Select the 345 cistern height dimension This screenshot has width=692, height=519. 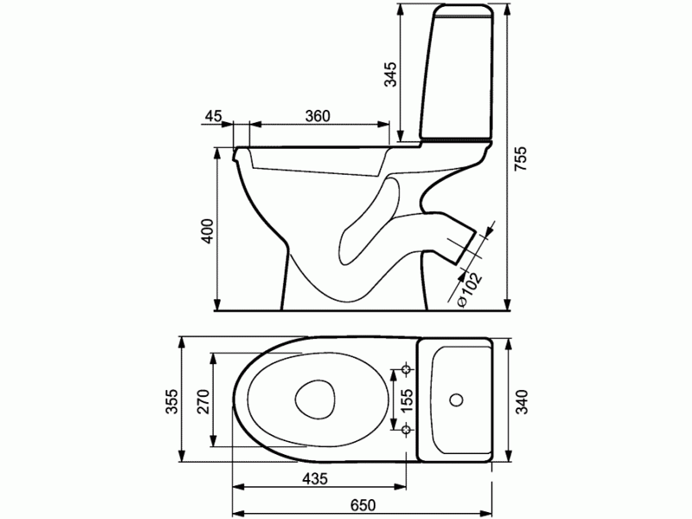(x=391, y=75)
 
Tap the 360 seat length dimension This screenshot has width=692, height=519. (x=317, y=117)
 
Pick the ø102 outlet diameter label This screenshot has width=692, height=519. (x=469, y=289)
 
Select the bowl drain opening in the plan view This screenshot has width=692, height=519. (x=316, y=400)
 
